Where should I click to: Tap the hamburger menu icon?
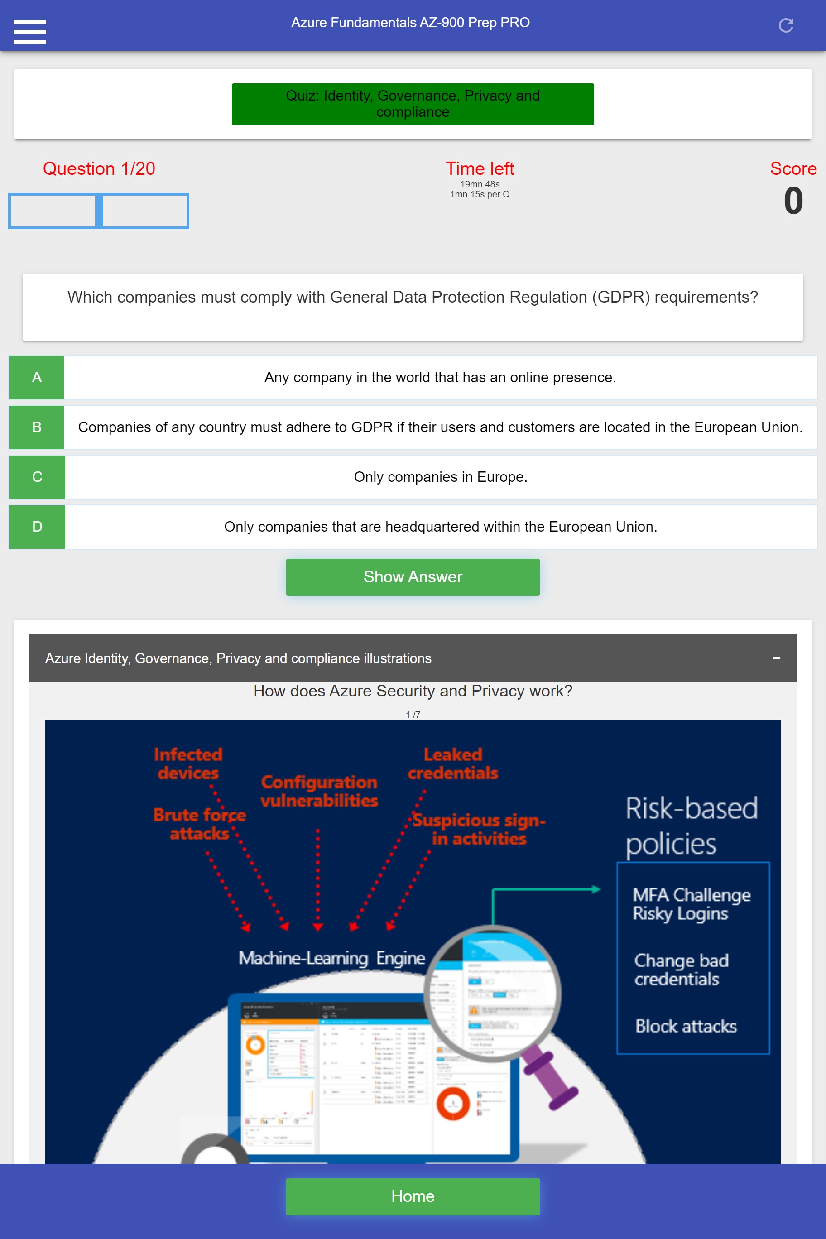(x=30, y=32)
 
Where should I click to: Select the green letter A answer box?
(x=36, y=377)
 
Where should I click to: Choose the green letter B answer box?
(x=36, y=427)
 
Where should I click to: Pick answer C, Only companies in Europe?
(x=440, y=477)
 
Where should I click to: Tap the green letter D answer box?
(x=37, y=527)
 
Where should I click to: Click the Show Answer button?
(x=413, y=577)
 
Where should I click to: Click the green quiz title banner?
(x=413, y=104)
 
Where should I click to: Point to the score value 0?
(x=793, y=201)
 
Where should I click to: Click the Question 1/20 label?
(x=99, y=168)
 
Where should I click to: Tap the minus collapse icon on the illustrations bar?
(x=776, y=658)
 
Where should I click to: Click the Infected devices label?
(x=188, y=764)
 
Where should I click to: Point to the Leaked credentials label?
(x=453, y=764)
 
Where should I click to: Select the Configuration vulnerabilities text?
(x=319, y=791)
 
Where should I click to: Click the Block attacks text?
(x=685, y=1026)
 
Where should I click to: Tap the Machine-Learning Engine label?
(x=331, y=958)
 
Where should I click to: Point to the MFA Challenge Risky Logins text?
(x=691, y=904)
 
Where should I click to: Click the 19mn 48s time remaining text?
(x=480, y=184)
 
